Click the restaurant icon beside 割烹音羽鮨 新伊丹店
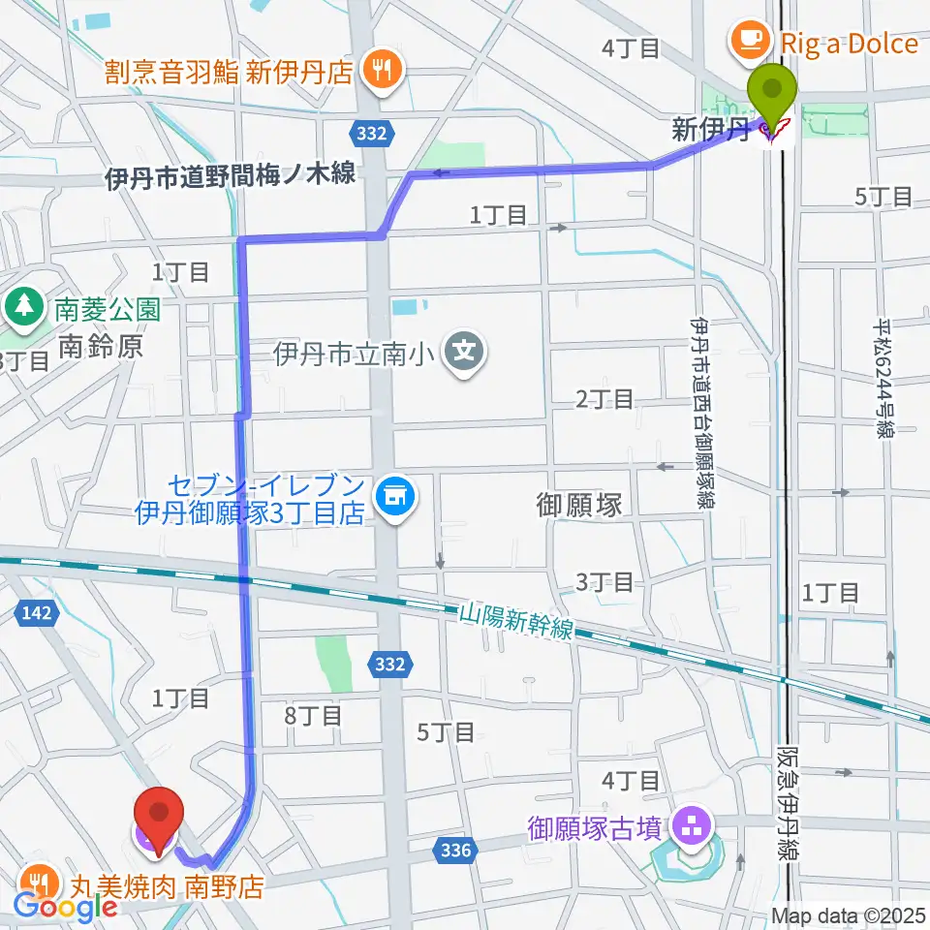click(x=380, y=71)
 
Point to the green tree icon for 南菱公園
click(x=20, y=308)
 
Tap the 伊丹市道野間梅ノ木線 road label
click(x=231, y=175)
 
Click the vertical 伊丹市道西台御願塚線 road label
click(x=697, y=411)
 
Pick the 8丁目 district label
click(x=314, y=716)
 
